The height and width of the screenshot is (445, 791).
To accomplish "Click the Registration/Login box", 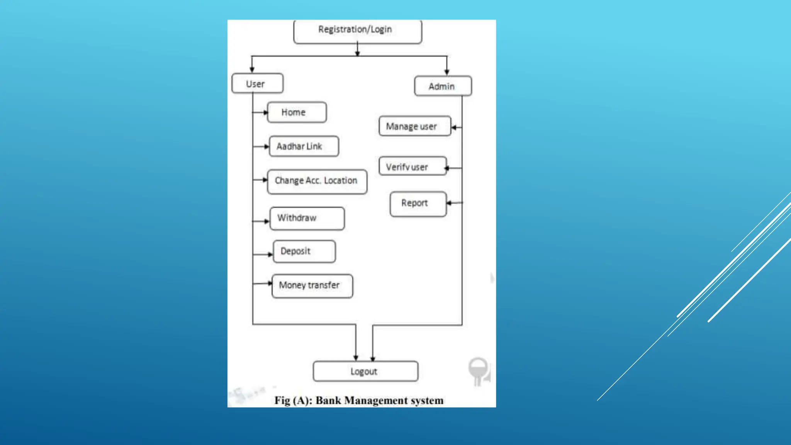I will click(x=357, y=31).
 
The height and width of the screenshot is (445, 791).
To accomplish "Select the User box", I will click(x=257, y=83).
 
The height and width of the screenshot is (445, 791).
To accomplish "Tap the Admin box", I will click(x=443, y=86).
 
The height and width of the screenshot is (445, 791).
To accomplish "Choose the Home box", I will click(x=297, y=112).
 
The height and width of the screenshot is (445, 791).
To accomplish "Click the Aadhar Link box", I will click(x=304, y=146).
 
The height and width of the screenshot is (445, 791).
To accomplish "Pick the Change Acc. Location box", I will click(x=317, y=181).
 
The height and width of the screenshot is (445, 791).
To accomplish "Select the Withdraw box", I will click(x=307, y=218).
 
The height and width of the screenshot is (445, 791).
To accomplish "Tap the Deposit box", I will click(x=304, y=251).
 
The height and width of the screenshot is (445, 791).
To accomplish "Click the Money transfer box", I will click(x=312, y=286).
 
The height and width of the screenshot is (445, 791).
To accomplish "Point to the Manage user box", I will click(x=414, y=126).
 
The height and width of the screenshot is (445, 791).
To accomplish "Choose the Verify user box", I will click(x=412, y=166).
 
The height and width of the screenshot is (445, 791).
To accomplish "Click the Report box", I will click(x=418, y=204).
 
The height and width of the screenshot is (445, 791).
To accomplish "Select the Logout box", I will click(x=365, y=371).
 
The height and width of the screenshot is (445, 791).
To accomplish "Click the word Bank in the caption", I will click(x=328, y=401).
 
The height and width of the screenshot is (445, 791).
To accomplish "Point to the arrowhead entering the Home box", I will click(x=265, y=112).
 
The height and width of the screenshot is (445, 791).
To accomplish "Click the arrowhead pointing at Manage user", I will click(x=454, y=127).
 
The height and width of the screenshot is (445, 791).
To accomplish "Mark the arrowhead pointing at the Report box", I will click(x=449, y=203).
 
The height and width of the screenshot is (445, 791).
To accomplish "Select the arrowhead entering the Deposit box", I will click(x=270, y=255).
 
